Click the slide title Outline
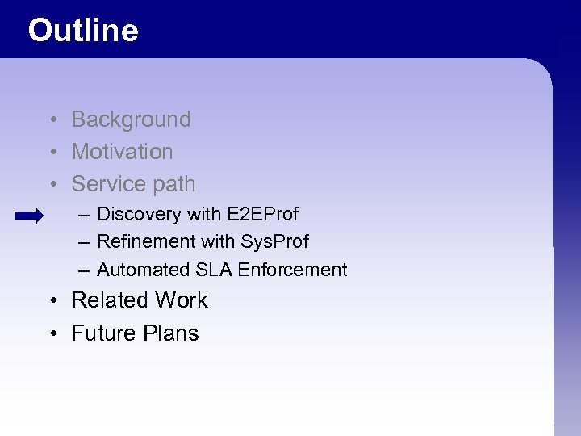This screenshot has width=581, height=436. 83,31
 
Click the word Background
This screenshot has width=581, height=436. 131,119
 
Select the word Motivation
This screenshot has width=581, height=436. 122,152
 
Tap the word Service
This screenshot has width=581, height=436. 110,184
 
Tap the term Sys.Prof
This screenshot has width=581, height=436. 274,241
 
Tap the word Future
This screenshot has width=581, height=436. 101,333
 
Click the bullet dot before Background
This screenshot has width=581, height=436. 51,120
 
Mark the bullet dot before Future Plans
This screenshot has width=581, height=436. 51,334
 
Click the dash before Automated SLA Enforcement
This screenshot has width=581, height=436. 84,270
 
